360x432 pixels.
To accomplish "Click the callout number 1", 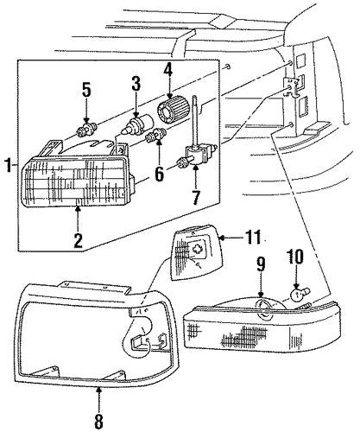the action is (x=9, y=165).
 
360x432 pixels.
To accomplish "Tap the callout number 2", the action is (x=78, y=240).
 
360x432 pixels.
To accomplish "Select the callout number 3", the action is (x=136, y=83).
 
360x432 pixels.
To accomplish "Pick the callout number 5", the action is (x=86, y=89).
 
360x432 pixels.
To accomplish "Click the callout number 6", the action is (x=159, y=174).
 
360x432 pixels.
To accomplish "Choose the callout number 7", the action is (x=196, y=197).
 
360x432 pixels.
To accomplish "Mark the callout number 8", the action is (x=98, y=422).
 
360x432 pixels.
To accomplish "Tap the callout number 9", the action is (x=261, y=264).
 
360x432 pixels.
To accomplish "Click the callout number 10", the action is (x=295, y=256).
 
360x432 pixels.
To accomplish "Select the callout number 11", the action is (x=253, y=237).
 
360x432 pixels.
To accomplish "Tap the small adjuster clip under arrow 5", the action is (x=86, y=130).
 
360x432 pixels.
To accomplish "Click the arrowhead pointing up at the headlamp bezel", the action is (x=98, y=391).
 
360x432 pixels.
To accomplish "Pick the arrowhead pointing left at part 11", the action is (x=222, y=238).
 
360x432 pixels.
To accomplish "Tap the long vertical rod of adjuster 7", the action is (x=194, y=120).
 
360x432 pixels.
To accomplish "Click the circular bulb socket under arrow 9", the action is (x=264, y=309).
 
